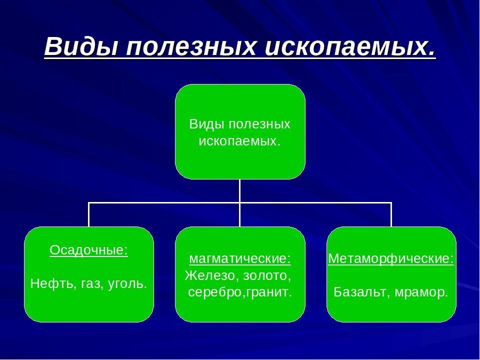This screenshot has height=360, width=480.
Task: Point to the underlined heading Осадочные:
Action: pos(89,250)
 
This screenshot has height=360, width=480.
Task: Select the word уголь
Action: pos(127,284)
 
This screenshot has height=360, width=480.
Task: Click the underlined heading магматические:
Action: pos(240,259)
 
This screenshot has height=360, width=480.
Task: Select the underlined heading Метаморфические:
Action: pos(391,259)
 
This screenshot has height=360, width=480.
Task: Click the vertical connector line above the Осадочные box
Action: pos(89,215)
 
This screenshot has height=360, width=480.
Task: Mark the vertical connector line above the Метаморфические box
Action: pos(391,215)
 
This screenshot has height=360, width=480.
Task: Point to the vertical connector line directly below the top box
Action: pos(240,190)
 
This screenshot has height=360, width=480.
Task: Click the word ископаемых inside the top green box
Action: pos(239,141)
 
